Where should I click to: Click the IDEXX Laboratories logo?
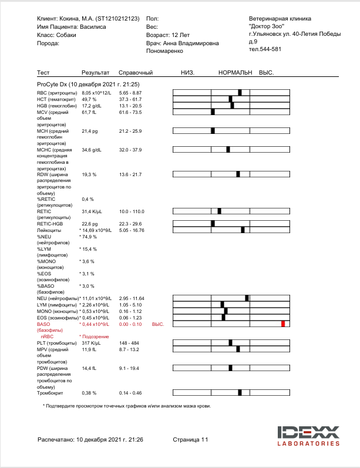click(308, 436)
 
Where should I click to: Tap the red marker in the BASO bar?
click(283, 324)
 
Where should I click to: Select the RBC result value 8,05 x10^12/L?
click(96, 93)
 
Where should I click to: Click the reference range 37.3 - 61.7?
click(130, 99)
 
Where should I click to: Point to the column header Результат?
click(95, 73)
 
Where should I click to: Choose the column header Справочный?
click(136, 73)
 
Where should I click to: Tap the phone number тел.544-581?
click(265, 49)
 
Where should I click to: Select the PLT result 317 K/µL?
click(93, 343)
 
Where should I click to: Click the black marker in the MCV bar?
click(213, 112)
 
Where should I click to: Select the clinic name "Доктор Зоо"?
click(267, 26)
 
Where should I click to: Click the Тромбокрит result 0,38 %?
click(89, 393)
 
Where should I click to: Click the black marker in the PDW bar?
click(231, 368)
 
